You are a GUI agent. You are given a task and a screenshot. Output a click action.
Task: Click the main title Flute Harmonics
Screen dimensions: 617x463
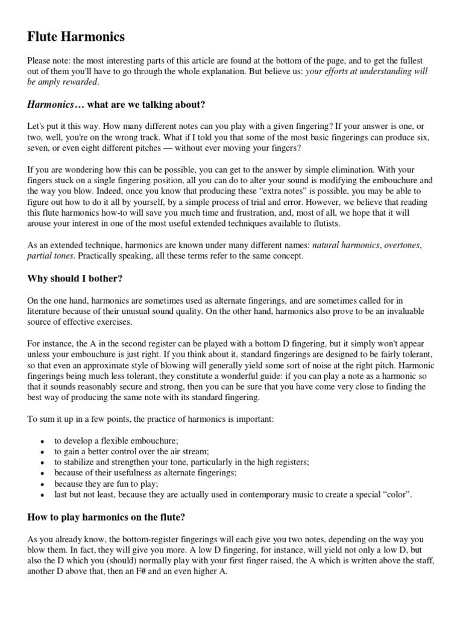click(76, 37)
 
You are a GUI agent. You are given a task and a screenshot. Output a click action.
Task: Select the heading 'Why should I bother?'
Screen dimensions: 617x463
click(74, 278)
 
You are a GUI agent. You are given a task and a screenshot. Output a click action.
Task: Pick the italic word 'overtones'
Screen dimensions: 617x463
click(402, 246)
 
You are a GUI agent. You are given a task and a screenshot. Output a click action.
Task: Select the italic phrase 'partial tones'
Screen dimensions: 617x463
click(51, 256)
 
